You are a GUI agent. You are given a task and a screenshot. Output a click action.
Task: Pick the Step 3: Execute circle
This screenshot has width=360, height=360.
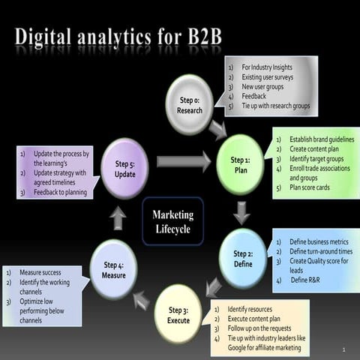pyautogui.click(x=179, y=315)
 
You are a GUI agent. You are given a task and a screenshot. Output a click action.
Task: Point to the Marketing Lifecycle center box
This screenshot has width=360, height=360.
pyautogui.click(x=172, y=220)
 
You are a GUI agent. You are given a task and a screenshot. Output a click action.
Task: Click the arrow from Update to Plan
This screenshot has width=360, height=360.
pyautogui.click(x=183, y=160)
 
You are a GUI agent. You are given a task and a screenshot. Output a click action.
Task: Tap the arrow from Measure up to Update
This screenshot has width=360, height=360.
pyautogui.click(x=117, y=217)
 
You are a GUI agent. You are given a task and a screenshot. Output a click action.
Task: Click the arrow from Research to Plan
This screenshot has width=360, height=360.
pyautogui.click(x=217, y=128)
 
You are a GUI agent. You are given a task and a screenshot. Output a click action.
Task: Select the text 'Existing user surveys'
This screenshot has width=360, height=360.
pyautogui.click(x=267, y=77)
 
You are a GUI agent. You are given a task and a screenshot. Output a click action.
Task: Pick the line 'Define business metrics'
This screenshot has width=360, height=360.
pyautogui.click(x=318, y=242)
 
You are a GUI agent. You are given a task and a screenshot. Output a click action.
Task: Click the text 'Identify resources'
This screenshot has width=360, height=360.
pyautogui.click(x=250, y=309)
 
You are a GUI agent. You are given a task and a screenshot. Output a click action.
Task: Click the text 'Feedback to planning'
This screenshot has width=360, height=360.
pyautogui.click(x=60, y=192)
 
